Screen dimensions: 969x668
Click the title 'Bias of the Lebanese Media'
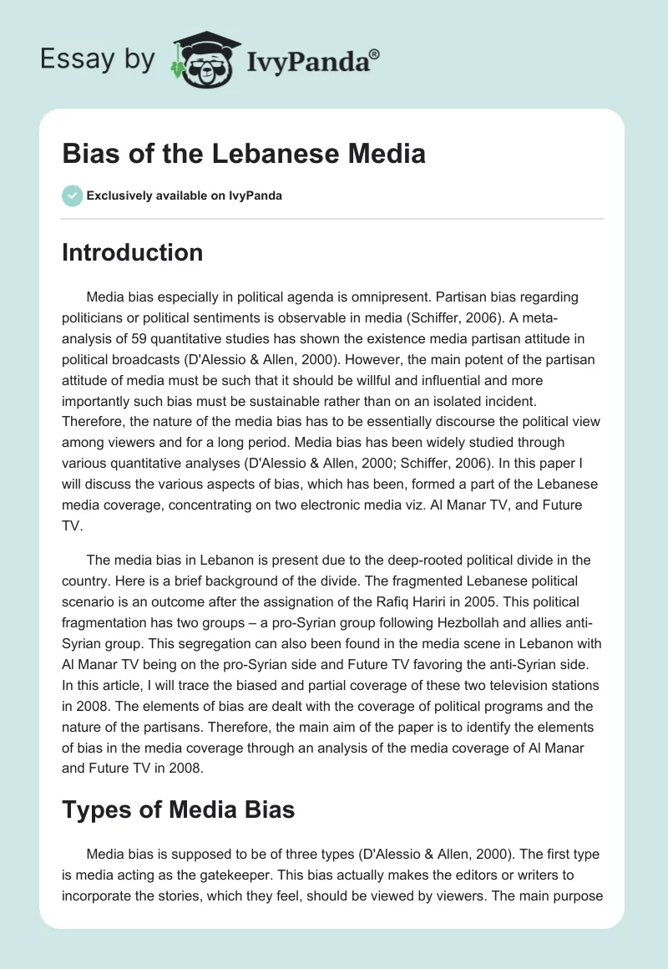[244, 154]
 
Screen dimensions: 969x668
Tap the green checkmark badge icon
[72, 196]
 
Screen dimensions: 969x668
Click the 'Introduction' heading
[132, 252]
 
